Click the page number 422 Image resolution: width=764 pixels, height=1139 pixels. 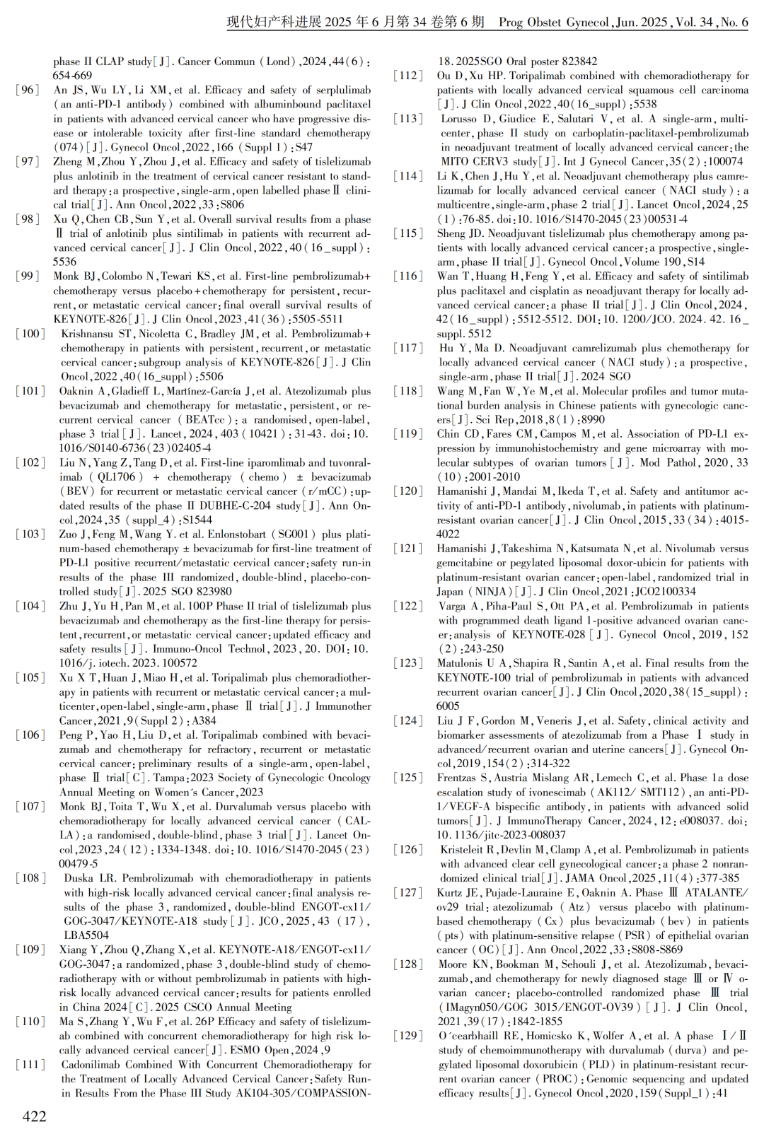tap(35, 1116)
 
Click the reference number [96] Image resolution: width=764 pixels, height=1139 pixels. tap(28, 90)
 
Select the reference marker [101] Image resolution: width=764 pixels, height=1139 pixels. tap(31, 391)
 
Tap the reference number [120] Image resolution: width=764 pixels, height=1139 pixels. tap(409, 491)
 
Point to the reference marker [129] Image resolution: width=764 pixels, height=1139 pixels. tap(409, 1036)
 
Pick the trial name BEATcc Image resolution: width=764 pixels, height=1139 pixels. tap(205, 420)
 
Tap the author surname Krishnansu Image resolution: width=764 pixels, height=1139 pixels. tap(87, 334)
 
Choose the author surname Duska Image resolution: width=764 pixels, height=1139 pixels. tap(79, 878)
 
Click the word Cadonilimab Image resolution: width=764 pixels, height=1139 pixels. tap(90, 1065)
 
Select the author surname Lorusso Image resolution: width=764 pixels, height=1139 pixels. tap(458, 119)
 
